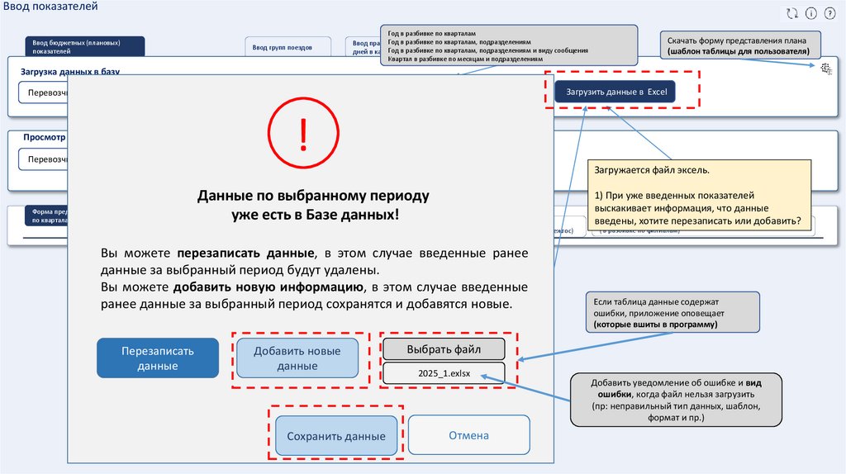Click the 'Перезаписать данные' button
coord(158,358)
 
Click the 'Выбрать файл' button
coord(443,348)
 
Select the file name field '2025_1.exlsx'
coord(443,373)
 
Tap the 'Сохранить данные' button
coord(330,436)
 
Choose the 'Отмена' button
coord(468,435)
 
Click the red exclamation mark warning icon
coord(303,132)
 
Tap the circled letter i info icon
coord(810,13)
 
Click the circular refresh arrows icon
coord(791,13)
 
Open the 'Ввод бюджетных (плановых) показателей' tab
coord(88,46)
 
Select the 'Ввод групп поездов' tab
coord(288,47)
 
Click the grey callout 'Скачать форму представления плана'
coord(744,45)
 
